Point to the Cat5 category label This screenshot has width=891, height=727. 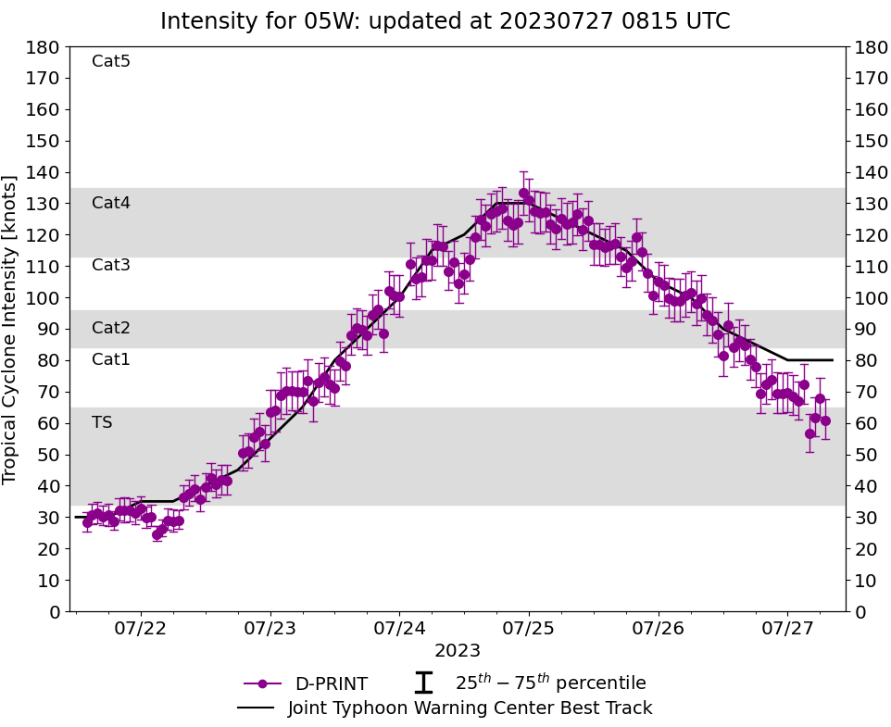111,62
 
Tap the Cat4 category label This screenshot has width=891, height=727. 111,203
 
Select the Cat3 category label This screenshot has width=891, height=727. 111,266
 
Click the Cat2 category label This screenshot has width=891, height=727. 111,328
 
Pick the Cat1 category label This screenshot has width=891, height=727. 111,359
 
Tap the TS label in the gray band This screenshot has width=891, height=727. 102,422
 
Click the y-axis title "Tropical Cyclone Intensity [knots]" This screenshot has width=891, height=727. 11,329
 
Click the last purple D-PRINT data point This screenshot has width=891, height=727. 825,420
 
